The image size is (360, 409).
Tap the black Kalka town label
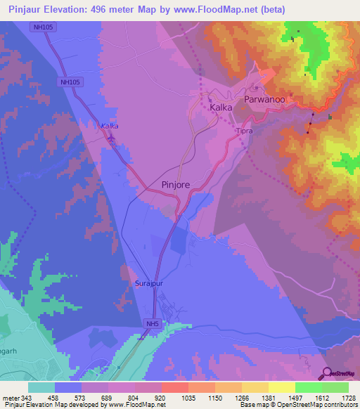pos(221,109)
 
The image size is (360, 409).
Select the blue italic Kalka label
pos(109,126)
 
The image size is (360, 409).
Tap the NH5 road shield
pos(152,323)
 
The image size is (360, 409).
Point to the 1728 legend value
pos(349,397)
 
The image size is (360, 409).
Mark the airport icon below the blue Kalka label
pos(110,138)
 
